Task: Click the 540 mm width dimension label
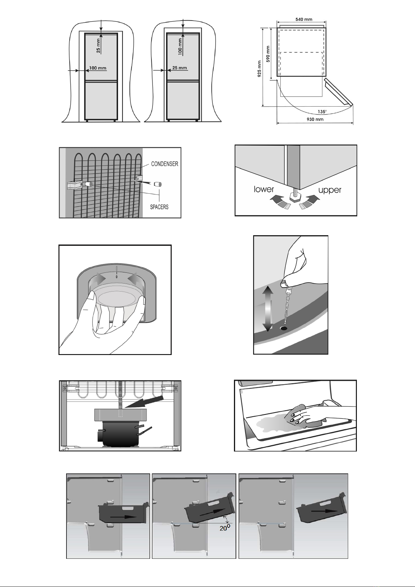point(304,19)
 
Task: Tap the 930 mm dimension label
point(315,119)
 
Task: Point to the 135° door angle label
point(322,111)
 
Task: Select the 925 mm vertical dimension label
point(259,69)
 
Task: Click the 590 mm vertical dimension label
point(268,54)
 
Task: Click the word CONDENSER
point(165,164)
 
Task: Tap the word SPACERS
point(159,207)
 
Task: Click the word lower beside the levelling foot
point(264,189)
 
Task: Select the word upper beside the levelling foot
point(330,190)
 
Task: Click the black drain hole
point(283,328)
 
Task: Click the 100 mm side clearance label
point(98,68)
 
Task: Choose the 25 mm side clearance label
point(180,68)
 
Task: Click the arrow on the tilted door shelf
point(212,512)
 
